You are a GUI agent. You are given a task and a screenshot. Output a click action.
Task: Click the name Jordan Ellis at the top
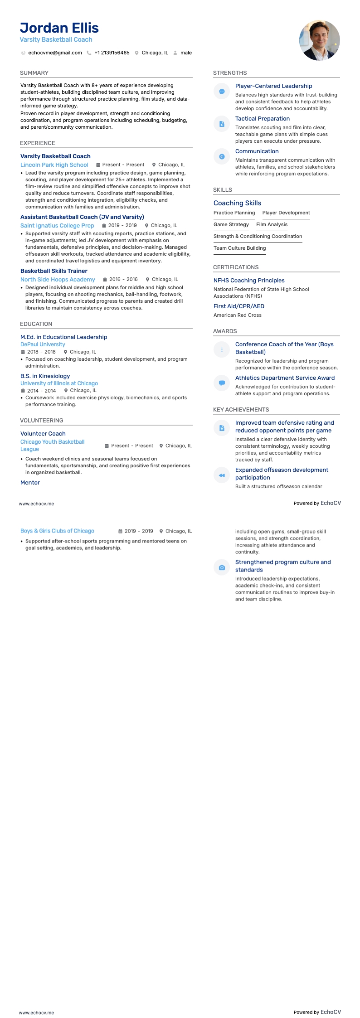pos(59,28)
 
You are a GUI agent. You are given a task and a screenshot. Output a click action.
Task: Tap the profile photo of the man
pos(319,40)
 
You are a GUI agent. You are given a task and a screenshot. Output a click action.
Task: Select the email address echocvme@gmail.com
pos(55,53)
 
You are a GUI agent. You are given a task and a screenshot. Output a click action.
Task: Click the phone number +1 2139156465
pos(112,53)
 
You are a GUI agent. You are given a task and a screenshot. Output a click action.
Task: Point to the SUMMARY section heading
pos(34,73)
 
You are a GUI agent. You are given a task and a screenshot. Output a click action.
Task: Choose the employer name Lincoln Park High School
pos(54,165)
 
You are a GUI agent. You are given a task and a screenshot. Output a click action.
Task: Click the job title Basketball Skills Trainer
pos(54,271)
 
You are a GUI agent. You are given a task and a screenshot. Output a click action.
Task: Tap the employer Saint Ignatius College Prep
pos(57,226)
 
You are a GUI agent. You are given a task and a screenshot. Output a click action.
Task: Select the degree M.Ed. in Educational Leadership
pos(63,337)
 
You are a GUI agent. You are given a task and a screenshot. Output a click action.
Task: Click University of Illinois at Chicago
pos(59,383)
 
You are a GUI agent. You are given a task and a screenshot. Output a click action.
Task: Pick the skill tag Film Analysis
pos(272,225)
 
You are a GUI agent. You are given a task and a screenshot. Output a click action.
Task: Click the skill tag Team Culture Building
pos(239,248)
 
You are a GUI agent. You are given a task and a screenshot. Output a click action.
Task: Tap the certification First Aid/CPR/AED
pos(239,306)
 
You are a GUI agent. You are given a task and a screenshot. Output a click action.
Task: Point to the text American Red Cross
pos(238,315)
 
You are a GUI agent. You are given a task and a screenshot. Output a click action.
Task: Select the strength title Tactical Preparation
pos(263,119)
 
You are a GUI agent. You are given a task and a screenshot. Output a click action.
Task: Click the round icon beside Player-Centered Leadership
pos(222,92)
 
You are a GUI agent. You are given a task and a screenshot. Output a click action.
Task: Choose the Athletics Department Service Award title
pos(285,378)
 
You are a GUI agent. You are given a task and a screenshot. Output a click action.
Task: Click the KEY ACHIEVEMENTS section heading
pos(241,410)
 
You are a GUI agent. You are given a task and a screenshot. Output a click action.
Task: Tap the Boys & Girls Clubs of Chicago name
pos(57,531)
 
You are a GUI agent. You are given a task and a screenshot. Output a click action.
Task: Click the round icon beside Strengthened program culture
pos(222,567)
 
